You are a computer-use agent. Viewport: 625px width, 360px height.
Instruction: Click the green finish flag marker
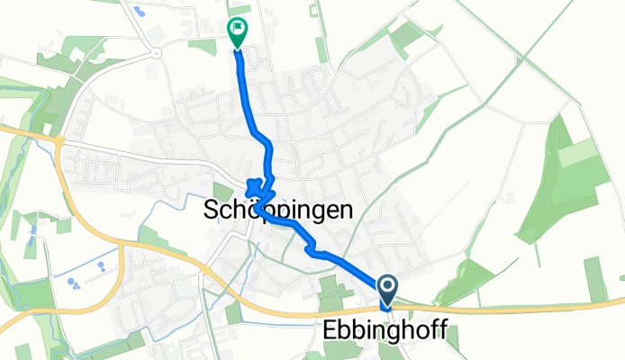click(x=237, y=31)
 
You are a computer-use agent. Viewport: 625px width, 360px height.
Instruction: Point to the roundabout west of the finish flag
click(x=157, y=53)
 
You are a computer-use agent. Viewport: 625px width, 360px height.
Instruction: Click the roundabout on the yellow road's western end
click(x=59, y=140)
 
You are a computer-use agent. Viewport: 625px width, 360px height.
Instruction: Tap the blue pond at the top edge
click(x=139, y=12)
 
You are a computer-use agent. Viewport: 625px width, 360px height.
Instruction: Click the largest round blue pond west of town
click(x=71, y=283)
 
